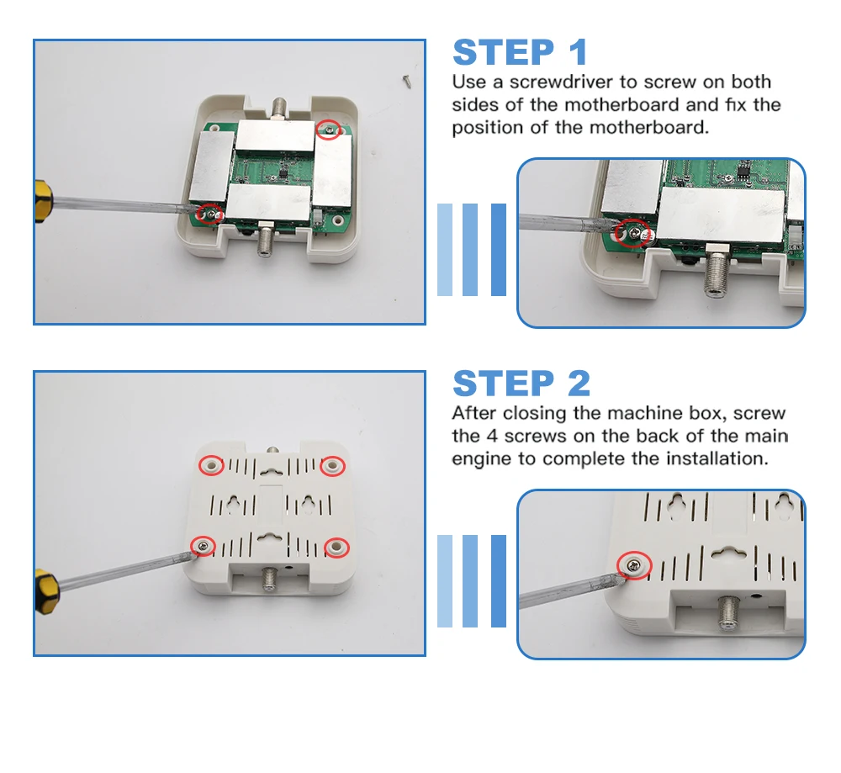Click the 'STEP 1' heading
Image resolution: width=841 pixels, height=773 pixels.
point(520,52)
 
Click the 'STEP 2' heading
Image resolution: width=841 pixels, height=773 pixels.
point(521,384)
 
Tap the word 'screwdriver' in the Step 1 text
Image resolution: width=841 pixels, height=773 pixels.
point(561,82)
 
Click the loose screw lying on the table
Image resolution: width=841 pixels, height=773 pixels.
point(406,81)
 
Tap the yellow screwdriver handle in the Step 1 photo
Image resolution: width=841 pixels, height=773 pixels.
point(43,202)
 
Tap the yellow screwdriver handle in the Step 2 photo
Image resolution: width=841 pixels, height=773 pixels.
point(45,590)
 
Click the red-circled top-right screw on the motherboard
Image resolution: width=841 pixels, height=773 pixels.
point(328,130)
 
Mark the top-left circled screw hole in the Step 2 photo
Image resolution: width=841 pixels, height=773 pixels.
point(211,465)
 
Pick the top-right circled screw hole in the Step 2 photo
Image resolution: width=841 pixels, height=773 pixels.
point(332,466)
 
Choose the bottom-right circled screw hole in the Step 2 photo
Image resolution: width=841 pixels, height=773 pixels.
point(337,548)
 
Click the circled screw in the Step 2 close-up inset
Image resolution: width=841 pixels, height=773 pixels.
point(634,565)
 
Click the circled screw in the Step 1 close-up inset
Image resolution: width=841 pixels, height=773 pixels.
point(634,233)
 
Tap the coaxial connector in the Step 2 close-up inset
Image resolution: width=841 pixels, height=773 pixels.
point(729,612)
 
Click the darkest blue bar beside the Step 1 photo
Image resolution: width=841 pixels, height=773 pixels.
point(499,250)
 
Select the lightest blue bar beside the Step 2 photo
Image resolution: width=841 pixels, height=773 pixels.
point(445,581)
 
